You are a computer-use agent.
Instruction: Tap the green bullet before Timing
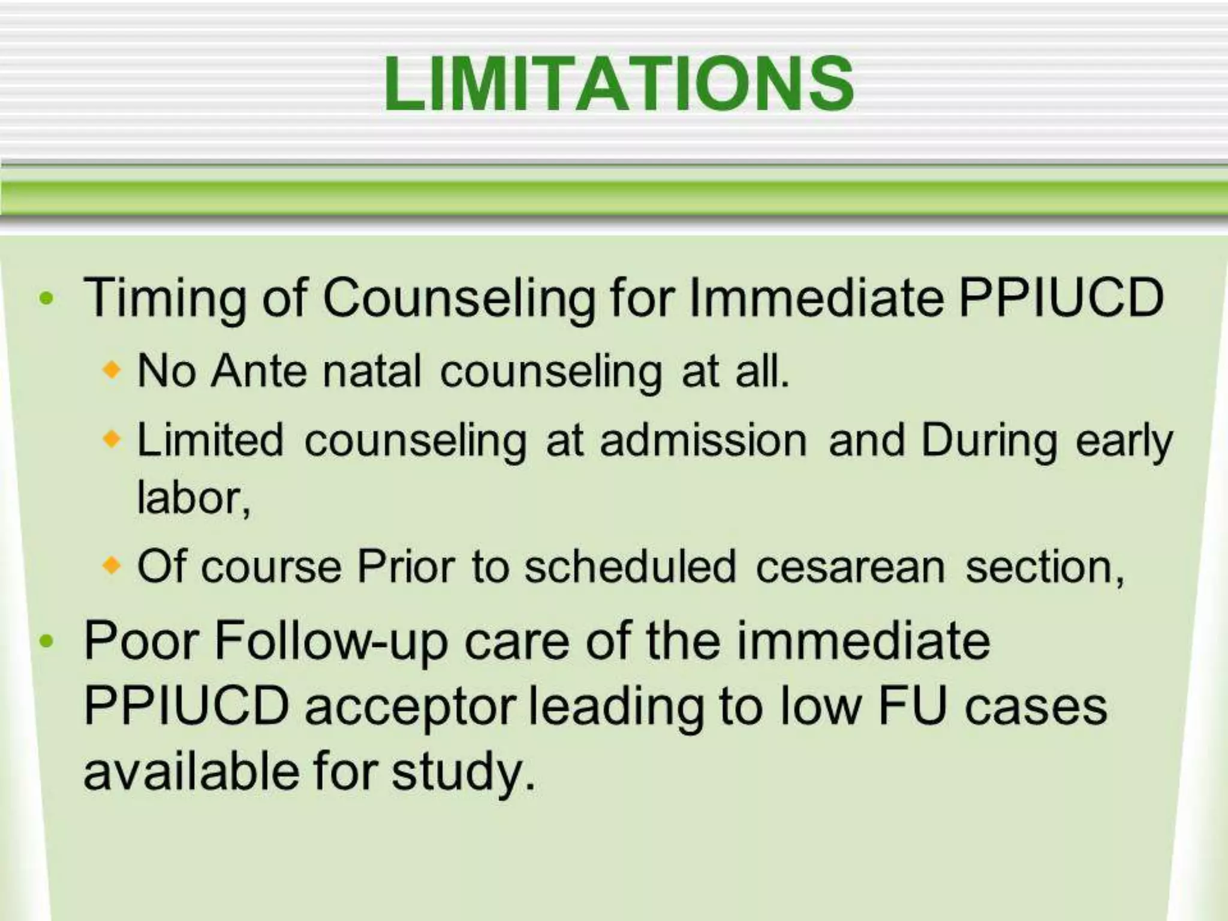pos(46,298)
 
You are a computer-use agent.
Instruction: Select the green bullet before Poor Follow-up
pos(46,642)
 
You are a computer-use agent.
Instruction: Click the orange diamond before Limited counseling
pos(112,440)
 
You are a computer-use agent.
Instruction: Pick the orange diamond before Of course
pos(112,565)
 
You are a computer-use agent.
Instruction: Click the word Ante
pos(259,371)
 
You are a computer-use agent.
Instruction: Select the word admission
pos(703,441)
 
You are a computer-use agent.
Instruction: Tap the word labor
pos(192,498)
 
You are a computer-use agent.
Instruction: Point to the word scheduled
pos(630,567)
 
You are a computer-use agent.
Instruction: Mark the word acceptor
pos(410,708)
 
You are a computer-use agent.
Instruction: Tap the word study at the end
pos(462,772)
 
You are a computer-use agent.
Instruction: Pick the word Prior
pos(406,567)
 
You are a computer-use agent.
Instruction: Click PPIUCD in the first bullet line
pos(1061,298)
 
